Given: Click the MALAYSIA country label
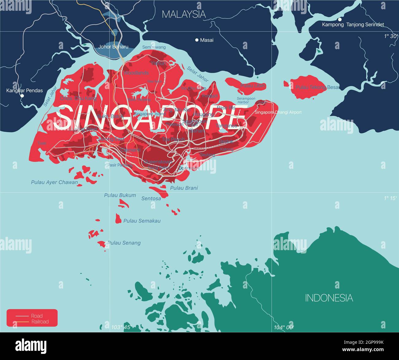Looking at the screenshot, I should click(184, 14).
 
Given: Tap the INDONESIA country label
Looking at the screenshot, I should click(329, 298).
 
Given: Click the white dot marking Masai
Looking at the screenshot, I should click(197, 40).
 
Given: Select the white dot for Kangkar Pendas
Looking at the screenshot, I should click(22, 96).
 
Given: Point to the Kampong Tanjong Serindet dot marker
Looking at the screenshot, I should click(340, 19).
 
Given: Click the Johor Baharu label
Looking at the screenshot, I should click(113, 47).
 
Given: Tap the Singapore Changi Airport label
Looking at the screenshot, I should click(278, 112).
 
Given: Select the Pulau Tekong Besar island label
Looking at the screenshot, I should click(317, 87).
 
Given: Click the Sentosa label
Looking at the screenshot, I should click(151, 199).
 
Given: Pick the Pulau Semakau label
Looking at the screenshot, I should click(142, 221).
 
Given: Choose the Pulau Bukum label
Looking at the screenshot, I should click(120, 195).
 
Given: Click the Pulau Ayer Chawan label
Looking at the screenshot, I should click(54, 182).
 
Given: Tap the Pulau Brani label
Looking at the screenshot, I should click(184, 188).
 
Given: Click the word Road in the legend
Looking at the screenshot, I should click(37, 316).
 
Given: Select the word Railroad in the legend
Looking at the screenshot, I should click(40, 322).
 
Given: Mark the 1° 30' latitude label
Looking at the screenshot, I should click(390, 36).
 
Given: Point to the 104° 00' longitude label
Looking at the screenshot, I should click(284, 327).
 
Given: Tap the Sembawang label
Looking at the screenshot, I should click(154, 47).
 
